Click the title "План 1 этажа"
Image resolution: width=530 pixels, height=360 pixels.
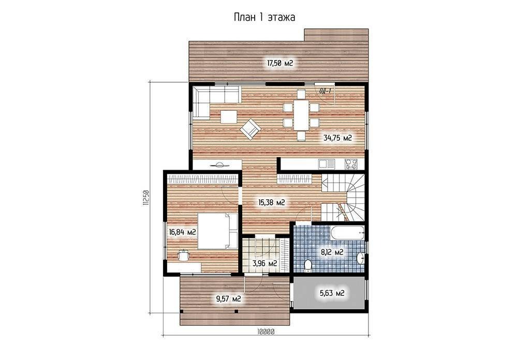264,17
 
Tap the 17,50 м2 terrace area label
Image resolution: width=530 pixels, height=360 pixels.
280,63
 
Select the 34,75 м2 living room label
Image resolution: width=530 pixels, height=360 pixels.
337,138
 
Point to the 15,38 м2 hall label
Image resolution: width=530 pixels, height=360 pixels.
272,203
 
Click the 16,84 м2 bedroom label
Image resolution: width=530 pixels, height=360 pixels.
183,232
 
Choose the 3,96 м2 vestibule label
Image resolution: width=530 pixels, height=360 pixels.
265,263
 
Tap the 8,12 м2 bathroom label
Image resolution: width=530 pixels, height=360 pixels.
332,252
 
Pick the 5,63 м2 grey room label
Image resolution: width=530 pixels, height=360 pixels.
332,293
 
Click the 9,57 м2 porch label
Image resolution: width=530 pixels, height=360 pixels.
228,298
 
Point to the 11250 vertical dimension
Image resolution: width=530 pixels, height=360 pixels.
145,198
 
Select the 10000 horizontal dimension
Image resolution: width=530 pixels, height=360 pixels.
266,332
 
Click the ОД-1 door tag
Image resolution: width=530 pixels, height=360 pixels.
325,91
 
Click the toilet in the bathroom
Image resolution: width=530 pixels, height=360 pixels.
308,265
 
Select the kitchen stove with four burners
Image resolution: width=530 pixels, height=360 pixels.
352,164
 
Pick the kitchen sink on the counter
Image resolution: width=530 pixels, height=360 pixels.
327,164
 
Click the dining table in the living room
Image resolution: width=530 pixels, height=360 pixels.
301,115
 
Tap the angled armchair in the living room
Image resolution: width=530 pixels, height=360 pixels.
251,129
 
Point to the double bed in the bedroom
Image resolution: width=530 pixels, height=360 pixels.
217,231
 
